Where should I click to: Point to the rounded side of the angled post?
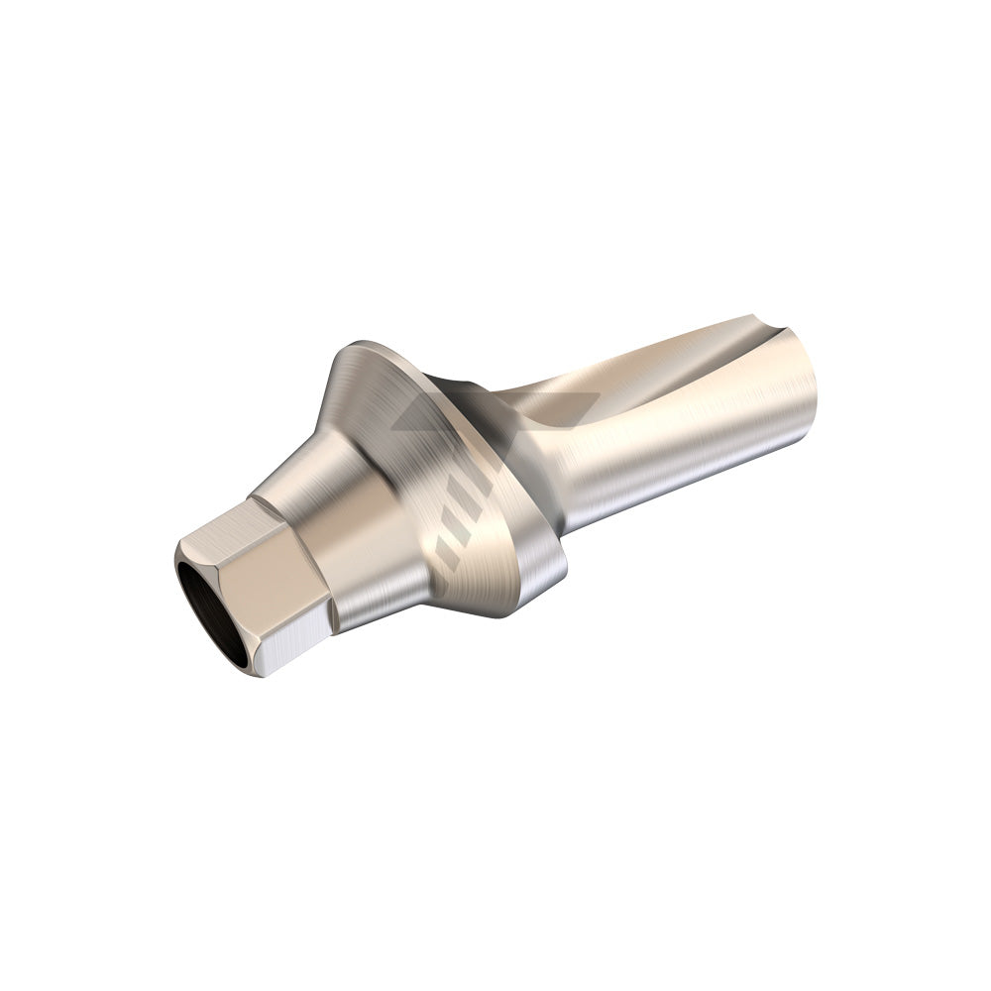click(684, 436)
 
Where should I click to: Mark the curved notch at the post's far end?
click(763, 332)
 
